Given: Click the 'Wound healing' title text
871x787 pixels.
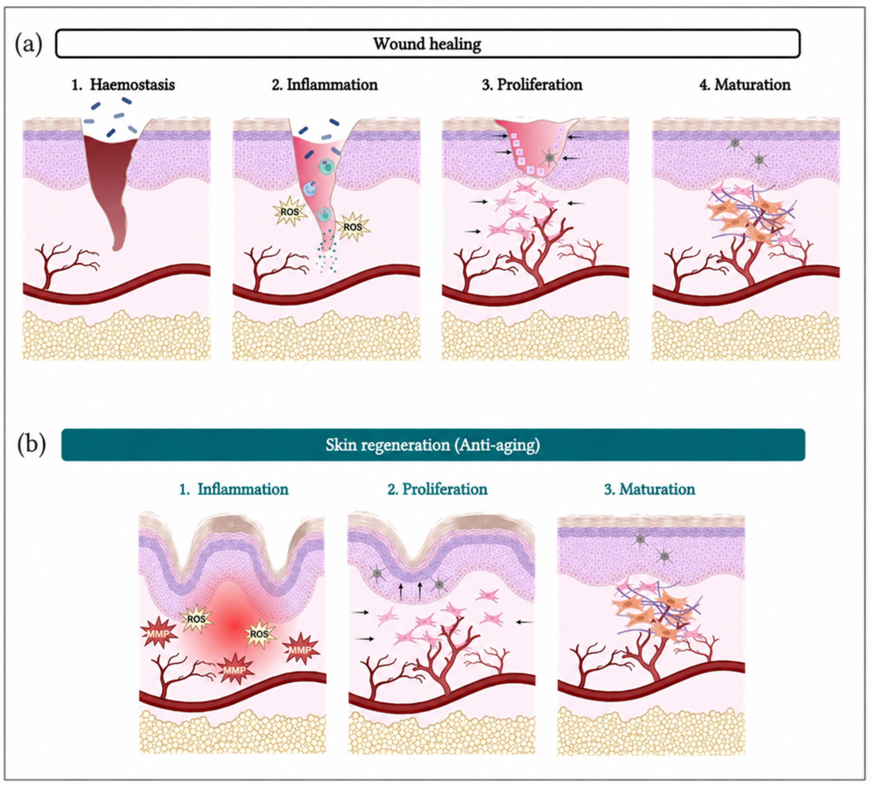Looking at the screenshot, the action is pos(427,44).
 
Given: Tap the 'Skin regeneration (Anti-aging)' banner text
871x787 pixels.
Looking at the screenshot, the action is pos(433,445).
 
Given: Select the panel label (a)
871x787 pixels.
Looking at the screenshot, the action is pos(29,44).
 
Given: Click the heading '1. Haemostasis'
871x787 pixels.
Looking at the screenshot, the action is pos(123,84).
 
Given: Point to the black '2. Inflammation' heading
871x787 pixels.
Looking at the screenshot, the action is pos(325,84).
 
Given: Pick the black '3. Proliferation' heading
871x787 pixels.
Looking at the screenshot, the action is pos(532,84).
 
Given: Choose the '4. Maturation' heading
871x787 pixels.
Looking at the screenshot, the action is pos(745,84).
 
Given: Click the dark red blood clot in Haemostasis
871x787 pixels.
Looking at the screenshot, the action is pos(110,182).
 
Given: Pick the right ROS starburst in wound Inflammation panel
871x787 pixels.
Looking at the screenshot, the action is pos(353,226).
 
